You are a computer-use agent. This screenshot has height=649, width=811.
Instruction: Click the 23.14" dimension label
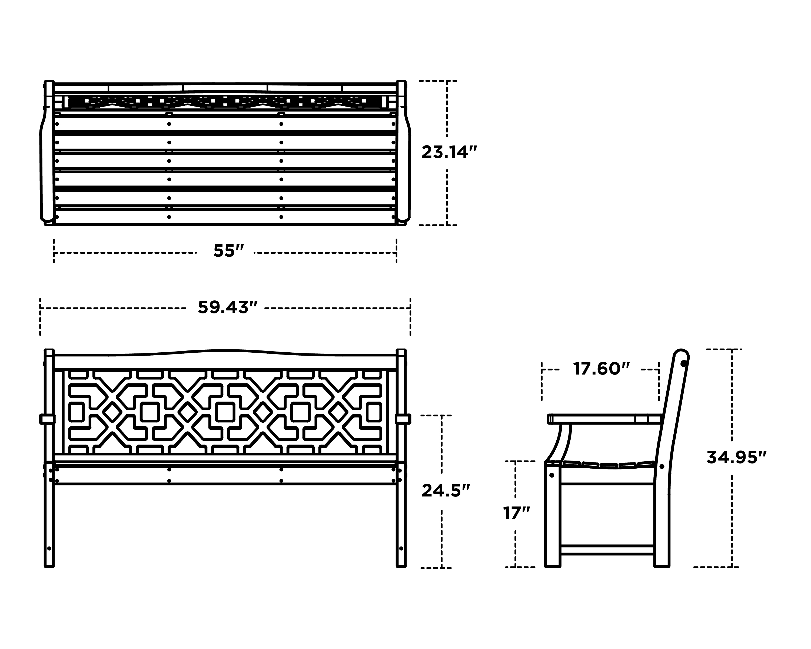click(x=449, y=152)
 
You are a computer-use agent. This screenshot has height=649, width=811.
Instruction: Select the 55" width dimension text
click(x=229, y=251)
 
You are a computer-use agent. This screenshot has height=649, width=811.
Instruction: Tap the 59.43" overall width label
click(x=228, y=307)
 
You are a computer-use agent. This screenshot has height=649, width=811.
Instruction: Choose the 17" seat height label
click(x=516, y=513)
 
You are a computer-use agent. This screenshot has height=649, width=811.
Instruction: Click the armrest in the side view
click(x=602, y=419)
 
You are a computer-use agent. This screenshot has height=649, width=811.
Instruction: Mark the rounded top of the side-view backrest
click(x=681, y=356)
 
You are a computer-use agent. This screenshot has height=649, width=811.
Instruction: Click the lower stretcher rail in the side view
click(x=607, y=550)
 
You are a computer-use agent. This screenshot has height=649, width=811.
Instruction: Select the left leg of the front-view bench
click(x=49, y=527)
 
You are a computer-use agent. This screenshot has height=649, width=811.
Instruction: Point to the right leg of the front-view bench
click(x=401, y=527)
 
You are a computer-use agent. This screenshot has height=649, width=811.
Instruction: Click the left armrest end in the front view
click(x=47, y=419)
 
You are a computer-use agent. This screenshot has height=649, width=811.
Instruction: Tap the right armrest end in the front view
click(x=403, y=419)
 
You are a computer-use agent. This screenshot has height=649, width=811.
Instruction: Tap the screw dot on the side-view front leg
click(x=552, y=475)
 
